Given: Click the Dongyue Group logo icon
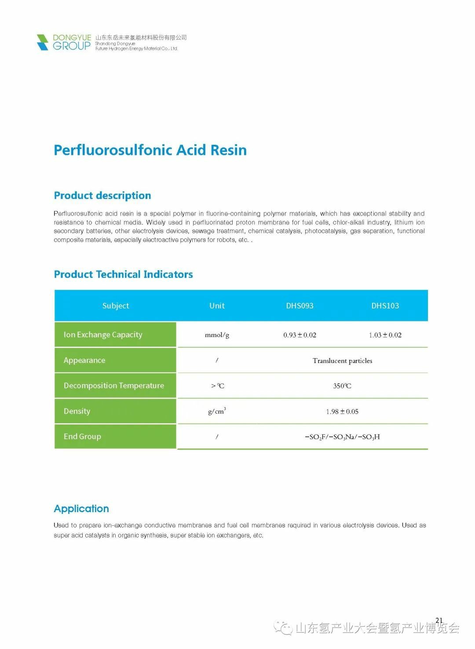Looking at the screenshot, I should coord(43,42).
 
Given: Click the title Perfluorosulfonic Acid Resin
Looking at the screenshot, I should coord(150,150).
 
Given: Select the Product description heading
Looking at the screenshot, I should coord(102,195).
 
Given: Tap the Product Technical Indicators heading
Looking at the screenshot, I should coord(123,275).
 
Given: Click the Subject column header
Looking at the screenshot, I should coord(116,306).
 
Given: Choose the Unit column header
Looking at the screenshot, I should coord(217,306).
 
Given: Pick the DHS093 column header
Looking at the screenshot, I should coord(300,306).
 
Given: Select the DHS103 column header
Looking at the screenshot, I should coord(385,306).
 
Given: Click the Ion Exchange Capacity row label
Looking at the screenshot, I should coord(103,335).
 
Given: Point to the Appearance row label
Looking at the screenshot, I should coord(84,360).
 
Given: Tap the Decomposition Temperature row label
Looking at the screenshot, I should coord(113,386).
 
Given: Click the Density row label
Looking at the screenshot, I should coord(77,411).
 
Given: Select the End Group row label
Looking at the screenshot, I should coord(82,436).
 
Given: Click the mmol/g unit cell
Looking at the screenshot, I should coord(217,335).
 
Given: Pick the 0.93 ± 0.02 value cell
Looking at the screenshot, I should coord(300,335).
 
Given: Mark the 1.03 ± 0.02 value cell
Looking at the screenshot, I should coord(385,335).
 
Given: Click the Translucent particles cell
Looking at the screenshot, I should coord(342,361).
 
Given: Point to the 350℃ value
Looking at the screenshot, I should coord(342,386).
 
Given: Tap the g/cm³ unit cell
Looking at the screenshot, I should coord(217,411).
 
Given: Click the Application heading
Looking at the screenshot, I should coord(81,509).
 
